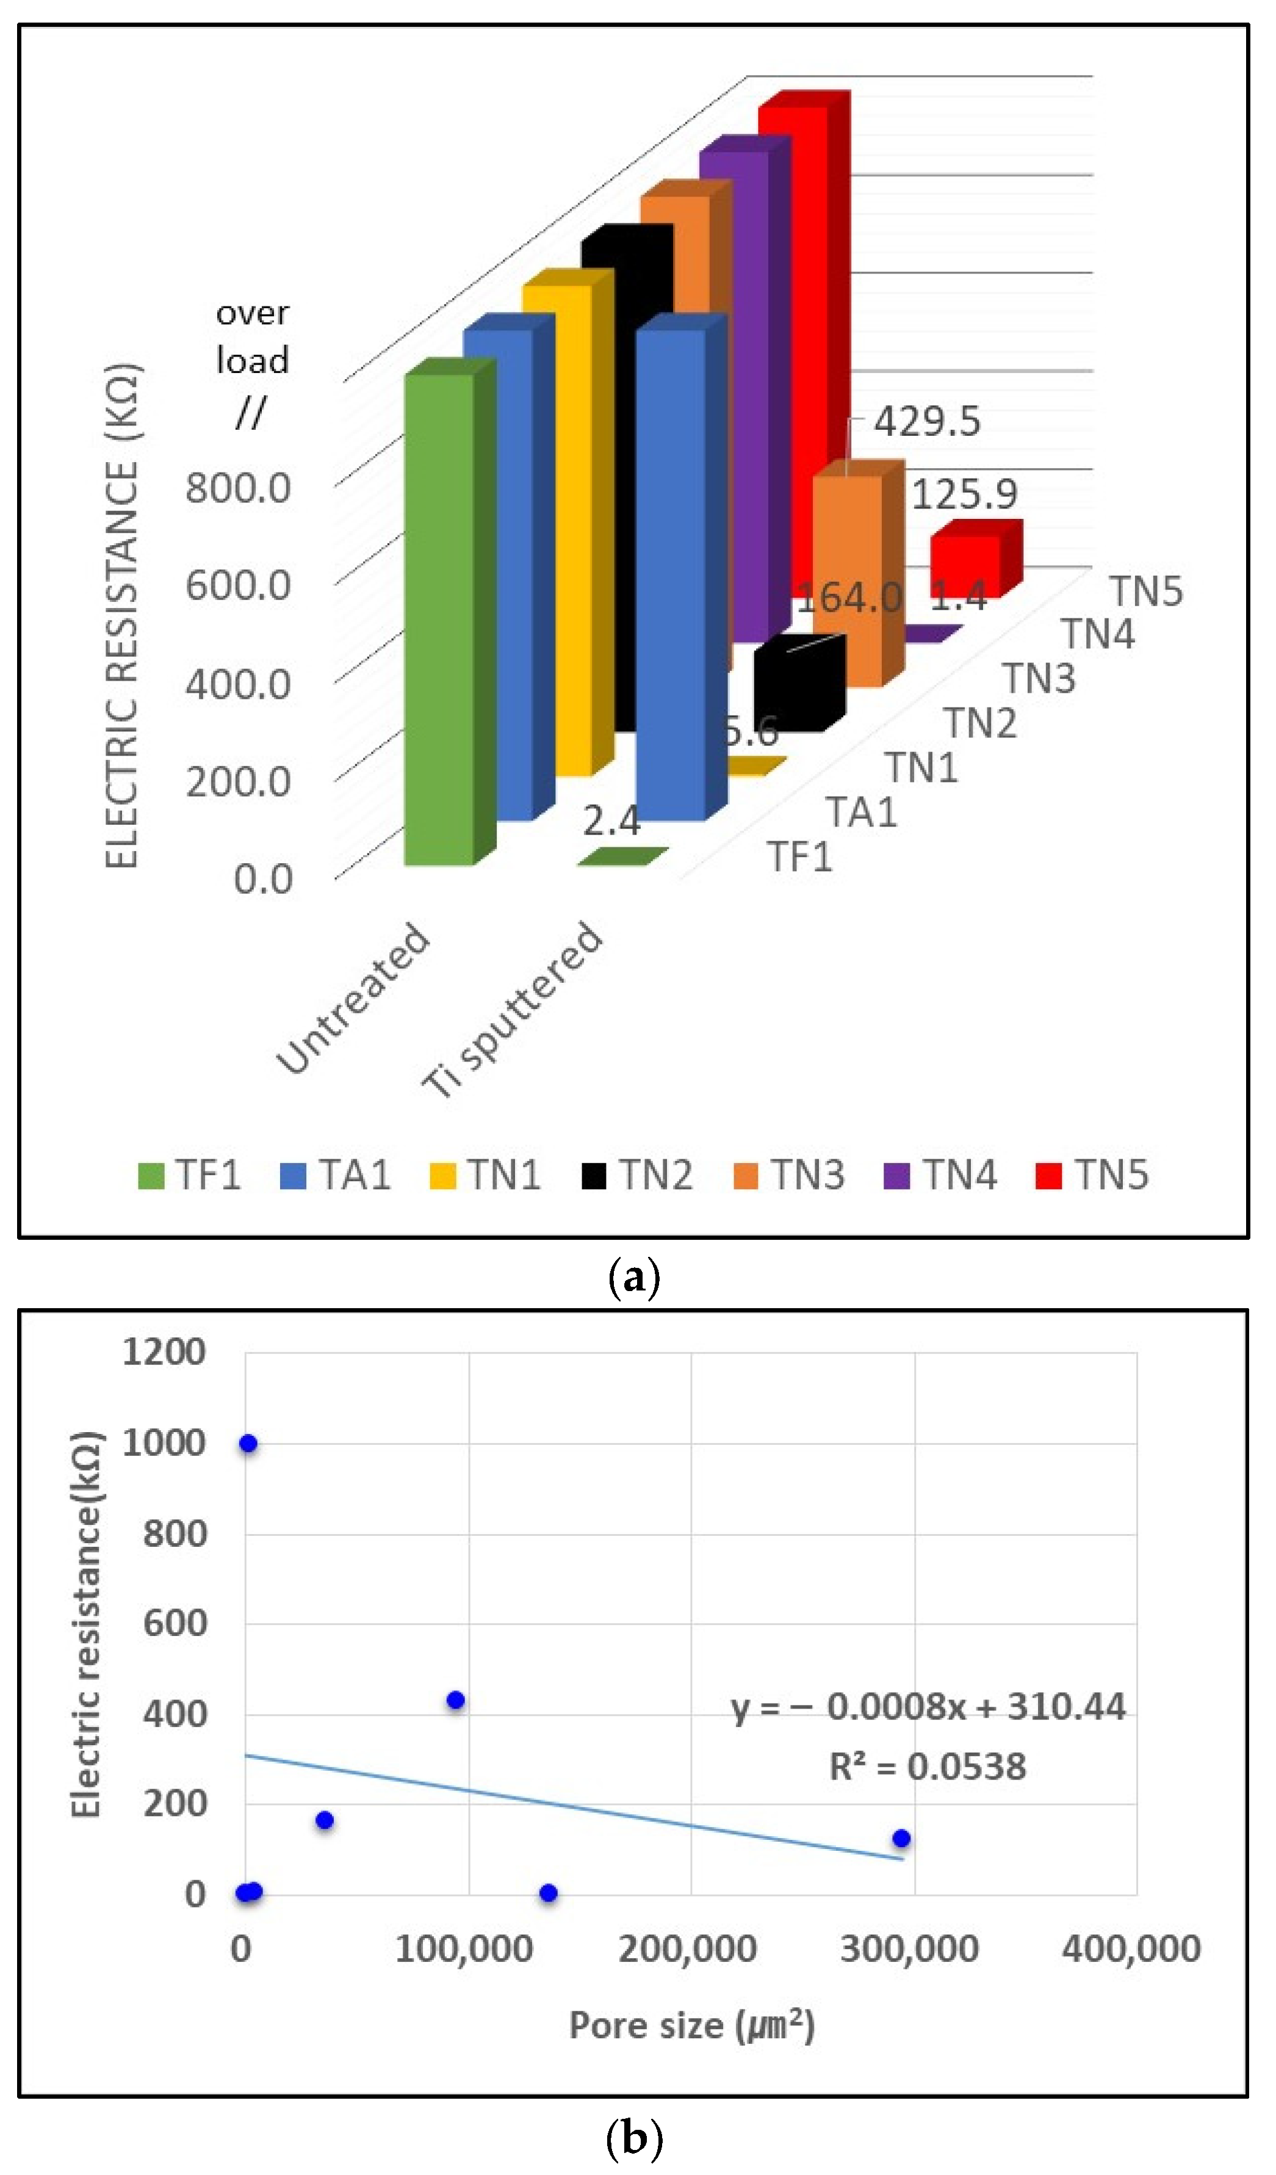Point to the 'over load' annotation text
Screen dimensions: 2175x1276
(x=252, y=336)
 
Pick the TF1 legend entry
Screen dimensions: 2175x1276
(x=190, y=1176)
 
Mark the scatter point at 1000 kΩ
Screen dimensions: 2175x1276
(x=248, y=1444)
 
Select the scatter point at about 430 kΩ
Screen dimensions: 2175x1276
(x=455, y=1700)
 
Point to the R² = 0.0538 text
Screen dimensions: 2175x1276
(x=928, y=1767)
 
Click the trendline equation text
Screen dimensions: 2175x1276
(x=928, y=1707)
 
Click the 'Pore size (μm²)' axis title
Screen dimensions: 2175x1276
(x=691, y=2025)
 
